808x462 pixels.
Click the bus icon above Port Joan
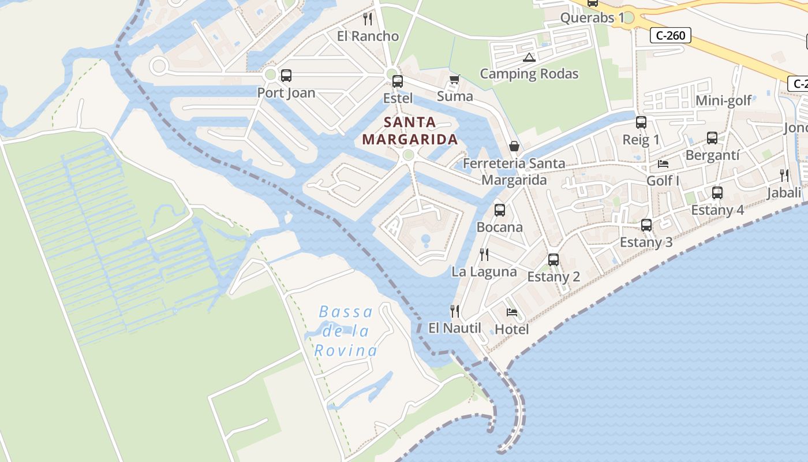(286, 76)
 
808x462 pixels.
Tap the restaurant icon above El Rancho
(368, 19)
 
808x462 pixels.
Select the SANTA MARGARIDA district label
(410, 131)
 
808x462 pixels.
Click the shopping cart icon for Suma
(454, 80)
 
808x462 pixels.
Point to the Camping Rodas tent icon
(529, 57)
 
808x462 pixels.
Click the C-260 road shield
(671, 36)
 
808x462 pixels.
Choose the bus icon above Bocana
(500, 210)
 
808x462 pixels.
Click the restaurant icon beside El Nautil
(455, 311)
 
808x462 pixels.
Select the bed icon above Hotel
(512, 312)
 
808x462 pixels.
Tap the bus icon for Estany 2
(553, 260)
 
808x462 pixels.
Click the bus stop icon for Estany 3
(646, 225)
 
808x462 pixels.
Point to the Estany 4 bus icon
(717, 193)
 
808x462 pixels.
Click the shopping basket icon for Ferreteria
(514, 147)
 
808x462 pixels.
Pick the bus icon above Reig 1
(641, 122)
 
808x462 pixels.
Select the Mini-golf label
(724, 101)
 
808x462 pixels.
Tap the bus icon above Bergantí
(712, 138)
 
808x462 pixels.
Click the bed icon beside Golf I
(663, 164)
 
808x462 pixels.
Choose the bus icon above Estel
(398, 81)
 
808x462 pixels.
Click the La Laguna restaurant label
(484, 272)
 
